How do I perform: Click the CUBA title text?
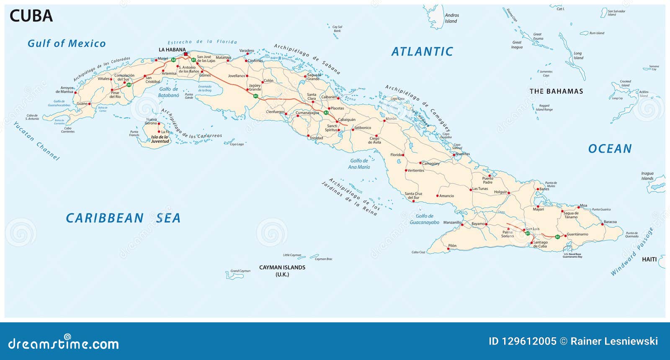[31, 16]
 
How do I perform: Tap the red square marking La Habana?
[186, 54]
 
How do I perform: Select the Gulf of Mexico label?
[67, 44]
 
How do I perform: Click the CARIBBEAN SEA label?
[123, 218]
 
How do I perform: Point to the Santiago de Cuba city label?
[540, 244]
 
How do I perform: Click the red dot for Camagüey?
[420, 163]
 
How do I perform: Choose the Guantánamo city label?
[577, 234]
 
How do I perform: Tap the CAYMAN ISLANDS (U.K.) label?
[282, 270]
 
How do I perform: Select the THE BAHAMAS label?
[556, 91]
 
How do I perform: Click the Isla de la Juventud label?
[160, 139]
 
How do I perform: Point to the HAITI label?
[649, 260]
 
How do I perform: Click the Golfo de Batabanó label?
[168, 92]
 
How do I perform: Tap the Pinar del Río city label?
[115, 95]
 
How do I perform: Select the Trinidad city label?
[316, 138]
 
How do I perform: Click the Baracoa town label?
[610, 222]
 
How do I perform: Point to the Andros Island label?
[451, 18]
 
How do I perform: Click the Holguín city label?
[500, 192]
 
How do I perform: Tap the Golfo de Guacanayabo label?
[424, 219]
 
